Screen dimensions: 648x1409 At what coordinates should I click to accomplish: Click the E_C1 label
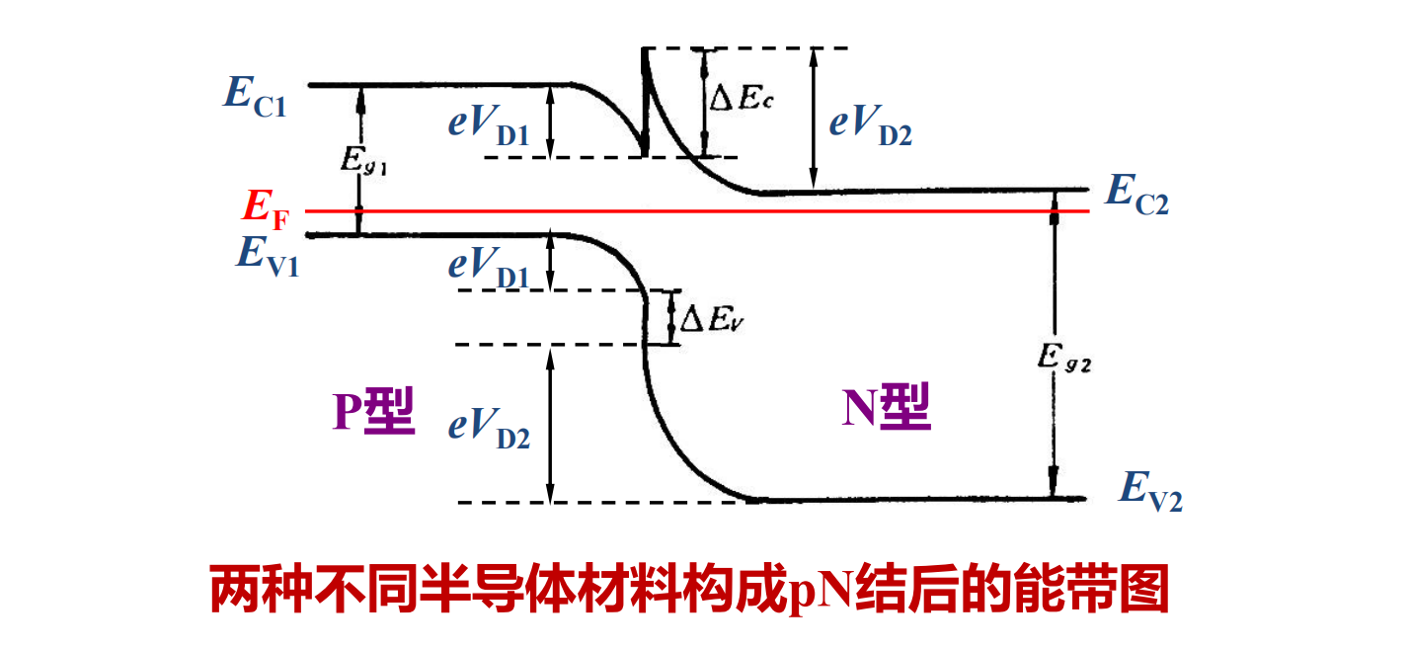(255, 96)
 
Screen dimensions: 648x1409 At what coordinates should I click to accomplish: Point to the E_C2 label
(1136, 194)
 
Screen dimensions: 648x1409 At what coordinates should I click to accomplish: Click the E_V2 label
(1150, 490)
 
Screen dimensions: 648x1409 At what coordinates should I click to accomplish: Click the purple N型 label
(886, 407)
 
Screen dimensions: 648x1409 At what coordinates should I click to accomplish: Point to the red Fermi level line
(691, 210)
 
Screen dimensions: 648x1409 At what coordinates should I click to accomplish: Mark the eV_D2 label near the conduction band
(870, 125)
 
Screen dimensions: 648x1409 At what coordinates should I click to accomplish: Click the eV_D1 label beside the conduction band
(489, 125)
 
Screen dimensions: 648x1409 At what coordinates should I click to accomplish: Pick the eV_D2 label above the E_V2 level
(489, 427)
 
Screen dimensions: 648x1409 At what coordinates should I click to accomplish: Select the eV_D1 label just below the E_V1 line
(489, 267)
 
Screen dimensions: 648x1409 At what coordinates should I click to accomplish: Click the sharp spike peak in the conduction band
(645, 51)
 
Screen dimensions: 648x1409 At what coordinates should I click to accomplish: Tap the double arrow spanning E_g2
(1054, 346)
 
